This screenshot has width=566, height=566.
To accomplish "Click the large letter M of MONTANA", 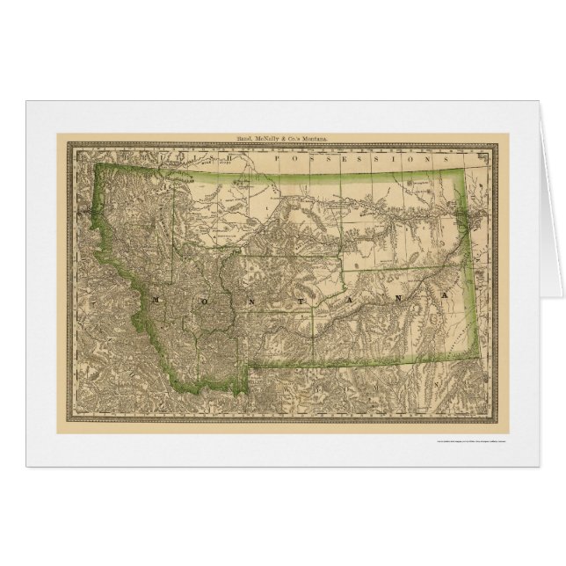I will pyautogui.click(x=155, y=300).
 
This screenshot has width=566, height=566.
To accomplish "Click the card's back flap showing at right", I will pyautogui.click(x=551, y=202).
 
